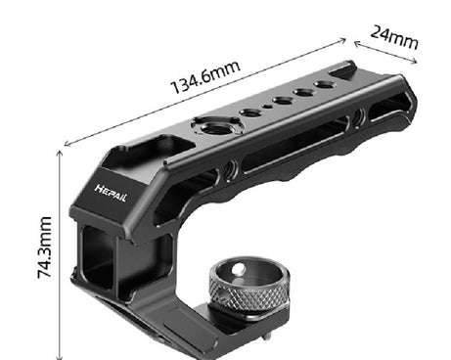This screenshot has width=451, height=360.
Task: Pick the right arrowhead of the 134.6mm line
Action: (x=344, y=40)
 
